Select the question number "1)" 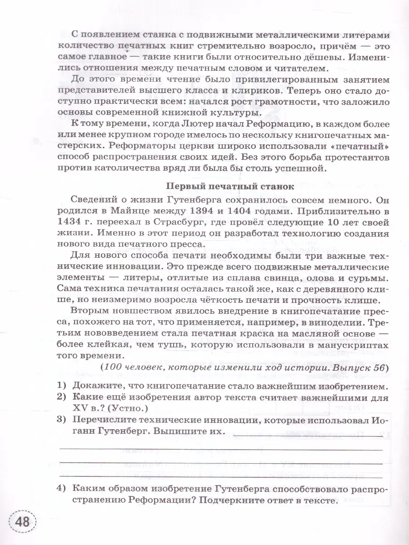62,386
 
